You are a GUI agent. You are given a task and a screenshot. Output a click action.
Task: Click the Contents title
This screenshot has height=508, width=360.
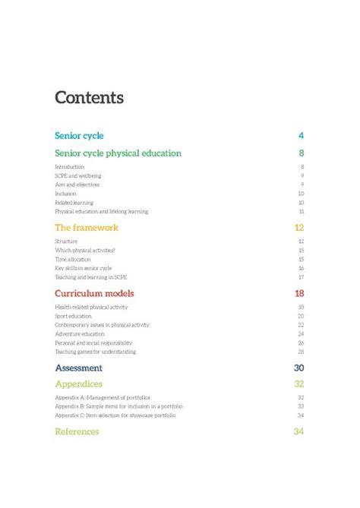coord(89,98)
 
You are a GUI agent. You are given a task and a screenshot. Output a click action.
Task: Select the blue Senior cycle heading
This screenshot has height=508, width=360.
coord(79,136)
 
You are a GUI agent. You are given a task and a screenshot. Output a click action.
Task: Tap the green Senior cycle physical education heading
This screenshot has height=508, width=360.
coord(118,153)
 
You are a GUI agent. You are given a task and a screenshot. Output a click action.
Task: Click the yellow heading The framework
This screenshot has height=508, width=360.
coord(87,228)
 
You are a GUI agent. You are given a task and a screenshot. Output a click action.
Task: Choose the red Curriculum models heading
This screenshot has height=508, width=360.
coord(94,293)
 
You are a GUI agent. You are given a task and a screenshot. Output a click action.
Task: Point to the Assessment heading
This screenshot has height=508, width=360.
coord(78,368)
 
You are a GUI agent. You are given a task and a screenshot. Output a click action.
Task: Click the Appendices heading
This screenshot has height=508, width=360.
coord(78,384)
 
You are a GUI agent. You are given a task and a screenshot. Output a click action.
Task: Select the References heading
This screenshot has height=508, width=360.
coord(77,431)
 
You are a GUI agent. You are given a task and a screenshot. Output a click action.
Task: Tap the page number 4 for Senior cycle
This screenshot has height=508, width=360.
coord(301,136)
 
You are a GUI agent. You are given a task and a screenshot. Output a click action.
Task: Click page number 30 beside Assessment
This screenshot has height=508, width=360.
coord(298,368)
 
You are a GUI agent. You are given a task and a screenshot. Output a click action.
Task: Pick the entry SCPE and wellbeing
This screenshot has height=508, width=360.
coord(77,175)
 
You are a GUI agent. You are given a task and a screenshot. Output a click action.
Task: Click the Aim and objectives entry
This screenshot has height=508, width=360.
coord(77,185)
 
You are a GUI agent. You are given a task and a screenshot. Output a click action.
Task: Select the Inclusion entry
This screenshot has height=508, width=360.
coord(65,194)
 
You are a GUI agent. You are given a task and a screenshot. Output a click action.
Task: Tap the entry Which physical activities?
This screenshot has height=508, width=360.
coord(85,250)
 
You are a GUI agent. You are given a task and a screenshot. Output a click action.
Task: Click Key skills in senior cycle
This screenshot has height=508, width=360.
coord(83,268)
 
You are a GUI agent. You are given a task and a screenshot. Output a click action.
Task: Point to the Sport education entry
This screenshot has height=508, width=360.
coord(73,316)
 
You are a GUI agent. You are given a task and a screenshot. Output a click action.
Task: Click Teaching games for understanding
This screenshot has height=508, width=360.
coord(95,352)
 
